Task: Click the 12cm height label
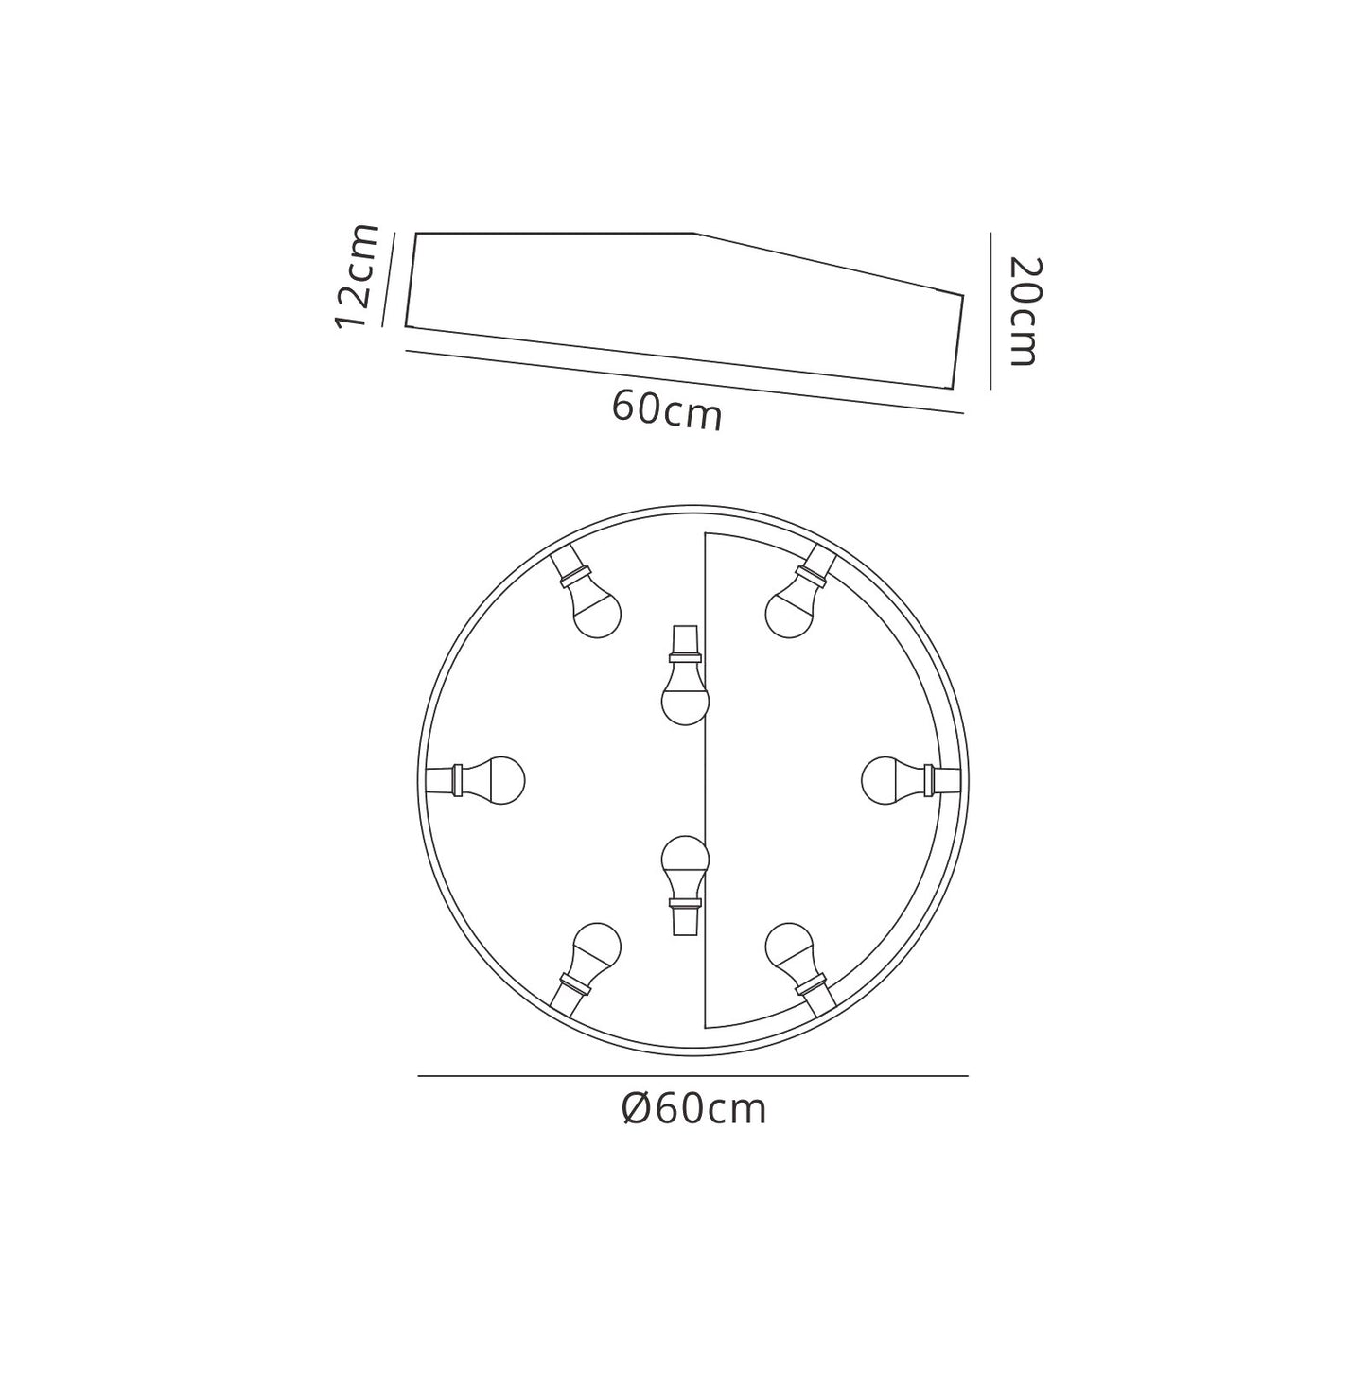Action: [356, 275]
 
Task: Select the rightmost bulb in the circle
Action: [911, 780]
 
